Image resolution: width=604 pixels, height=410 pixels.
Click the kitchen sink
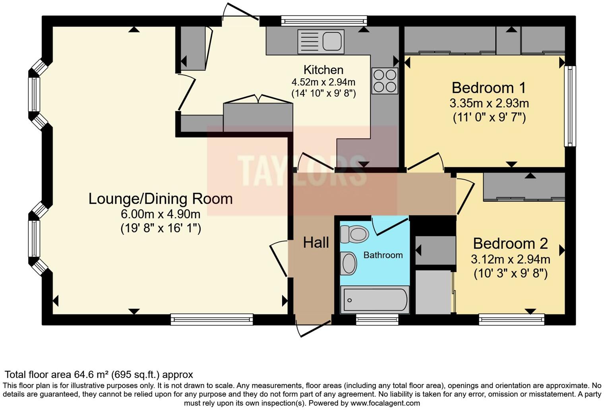pyautogui.click(x=321, y=41)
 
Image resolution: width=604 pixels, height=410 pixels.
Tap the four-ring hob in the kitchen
pyautogui.click(x=385, y=81)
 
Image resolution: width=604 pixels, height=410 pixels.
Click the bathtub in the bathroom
pyautogui.click(x=375, y=300)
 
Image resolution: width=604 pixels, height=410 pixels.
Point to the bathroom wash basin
pyautogui.click(x=349, y=263)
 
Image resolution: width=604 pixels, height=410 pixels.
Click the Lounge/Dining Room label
pyautogui.click(x=160, y=199)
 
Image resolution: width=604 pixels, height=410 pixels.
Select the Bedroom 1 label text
pyautogui.click(x=489, y=87)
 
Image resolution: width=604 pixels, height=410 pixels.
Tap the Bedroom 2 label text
pyautogui.click(x=510, y=243)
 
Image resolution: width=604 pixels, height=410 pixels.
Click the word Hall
pyautogui.click(x=316, y=242)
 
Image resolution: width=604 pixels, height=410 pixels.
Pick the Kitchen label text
pyautogui.click(x=323, y=70)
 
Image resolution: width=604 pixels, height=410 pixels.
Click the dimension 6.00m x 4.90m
pyautogui.click(x=160, y=215)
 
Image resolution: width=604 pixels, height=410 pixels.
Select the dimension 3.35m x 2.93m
pyautogui.click(x=489, y=103)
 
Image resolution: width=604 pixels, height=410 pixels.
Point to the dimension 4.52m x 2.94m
pyautogui.click(x=323, y=82)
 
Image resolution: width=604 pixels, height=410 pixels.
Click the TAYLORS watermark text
pyautogui.click(x=302, y=170)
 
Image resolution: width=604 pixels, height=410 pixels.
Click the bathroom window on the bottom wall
pyautogui.click(x=377, y=319)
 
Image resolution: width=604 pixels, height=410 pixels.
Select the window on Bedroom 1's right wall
pyautogui.click(x=570, y=106)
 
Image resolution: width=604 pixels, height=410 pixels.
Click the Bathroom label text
pyautogui.click(x=383, y=255)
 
